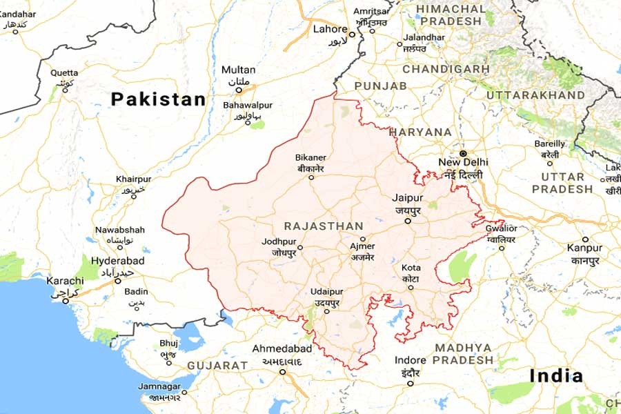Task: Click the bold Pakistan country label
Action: point(158,99)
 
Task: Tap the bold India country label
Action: point(556,376)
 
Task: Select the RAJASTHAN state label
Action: point(323,226)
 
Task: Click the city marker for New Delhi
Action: point(463,152)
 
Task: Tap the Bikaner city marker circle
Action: point(310,177)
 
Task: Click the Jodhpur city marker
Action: point(300,246)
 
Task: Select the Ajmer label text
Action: point(362,246)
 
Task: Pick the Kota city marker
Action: point(411,288)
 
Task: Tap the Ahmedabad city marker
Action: point(282,372)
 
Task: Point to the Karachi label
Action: point(65,281)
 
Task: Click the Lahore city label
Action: point(330,29)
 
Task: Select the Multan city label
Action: point(238,70)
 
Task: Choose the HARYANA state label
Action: point(420,132)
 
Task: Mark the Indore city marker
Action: point(411,384)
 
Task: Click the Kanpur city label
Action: point(584,248)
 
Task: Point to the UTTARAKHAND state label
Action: point(535,95)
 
